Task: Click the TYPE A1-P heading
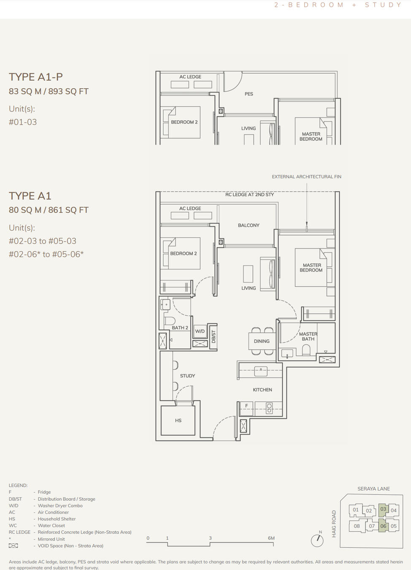coord(36,77)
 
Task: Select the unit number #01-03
coord(23,122)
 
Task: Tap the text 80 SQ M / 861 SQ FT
coord(49,210)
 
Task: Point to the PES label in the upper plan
coord(249,94)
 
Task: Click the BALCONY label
coord(249,225)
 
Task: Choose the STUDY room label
coord(187,376)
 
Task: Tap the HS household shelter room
coord(178,421)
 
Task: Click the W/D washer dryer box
coord(200,331)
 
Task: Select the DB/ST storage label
coord(214,337)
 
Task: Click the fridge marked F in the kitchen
coord(246,406)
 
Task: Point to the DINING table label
coord(262,341)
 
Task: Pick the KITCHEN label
coord(262,390)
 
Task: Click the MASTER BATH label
coord(308,337)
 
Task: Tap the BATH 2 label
coord(180,328)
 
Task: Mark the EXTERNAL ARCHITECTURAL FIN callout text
coord(306,176)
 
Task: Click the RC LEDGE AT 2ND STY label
coord(249,195)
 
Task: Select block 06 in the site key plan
coord(383,526)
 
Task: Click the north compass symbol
coord(317,540)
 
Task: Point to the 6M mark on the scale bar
coord(271,538)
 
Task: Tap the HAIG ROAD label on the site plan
coord(334,524)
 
